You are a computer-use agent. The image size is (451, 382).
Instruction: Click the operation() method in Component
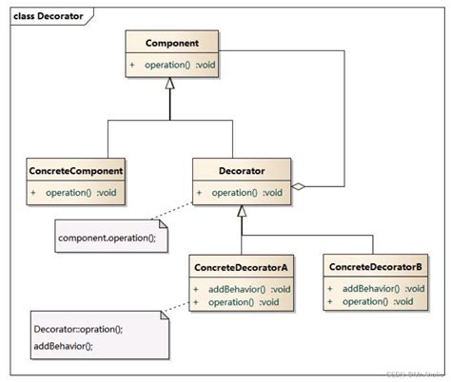point(180,65)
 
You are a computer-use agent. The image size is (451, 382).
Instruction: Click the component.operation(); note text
point(106,234)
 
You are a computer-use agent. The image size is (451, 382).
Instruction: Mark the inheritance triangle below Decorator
point(242,212)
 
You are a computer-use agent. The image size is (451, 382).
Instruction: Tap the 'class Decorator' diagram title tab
point(48,14)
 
